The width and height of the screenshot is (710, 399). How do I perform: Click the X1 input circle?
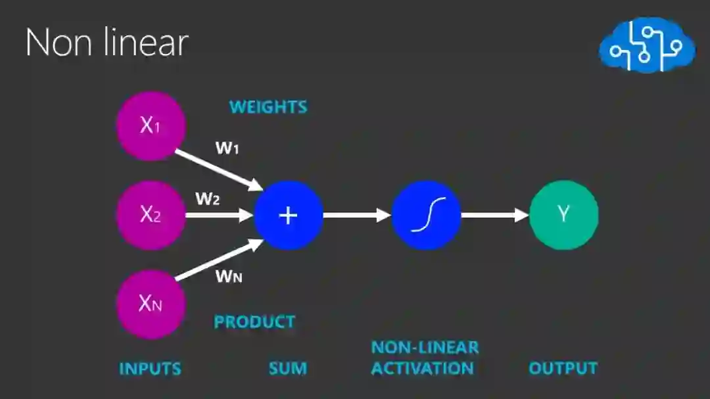[151, 126]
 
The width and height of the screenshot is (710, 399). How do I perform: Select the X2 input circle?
[151, 215]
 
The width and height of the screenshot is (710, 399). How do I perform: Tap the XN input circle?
[151, 304]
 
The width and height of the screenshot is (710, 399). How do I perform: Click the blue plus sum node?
[289, 215]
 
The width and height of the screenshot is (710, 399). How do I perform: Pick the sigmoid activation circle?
[426, 215]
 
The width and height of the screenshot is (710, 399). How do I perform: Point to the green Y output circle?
[563, 215]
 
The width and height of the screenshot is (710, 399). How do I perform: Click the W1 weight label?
[227, 148]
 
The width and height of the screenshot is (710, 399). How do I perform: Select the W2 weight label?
[207, 199]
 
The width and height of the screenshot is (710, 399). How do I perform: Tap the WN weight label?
[229, 276]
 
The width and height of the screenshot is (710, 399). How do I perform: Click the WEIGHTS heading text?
[268, 106]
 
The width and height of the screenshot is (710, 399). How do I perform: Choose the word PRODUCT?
[254, 322]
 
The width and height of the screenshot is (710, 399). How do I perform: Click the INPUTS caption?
[150, 368]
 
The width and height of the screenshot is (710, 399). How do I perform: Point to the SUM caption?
[288, 368]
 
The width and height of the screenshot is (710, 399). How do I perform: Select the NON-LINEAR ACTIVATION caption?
[424, 358]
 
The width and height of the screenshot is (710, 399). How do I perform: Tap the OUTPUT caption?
[563, 368]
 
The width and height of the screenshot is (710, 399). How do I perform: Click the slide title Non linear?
[106, 43]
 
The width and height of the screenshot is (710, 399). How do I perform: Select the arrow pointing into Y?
[494, 215]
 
